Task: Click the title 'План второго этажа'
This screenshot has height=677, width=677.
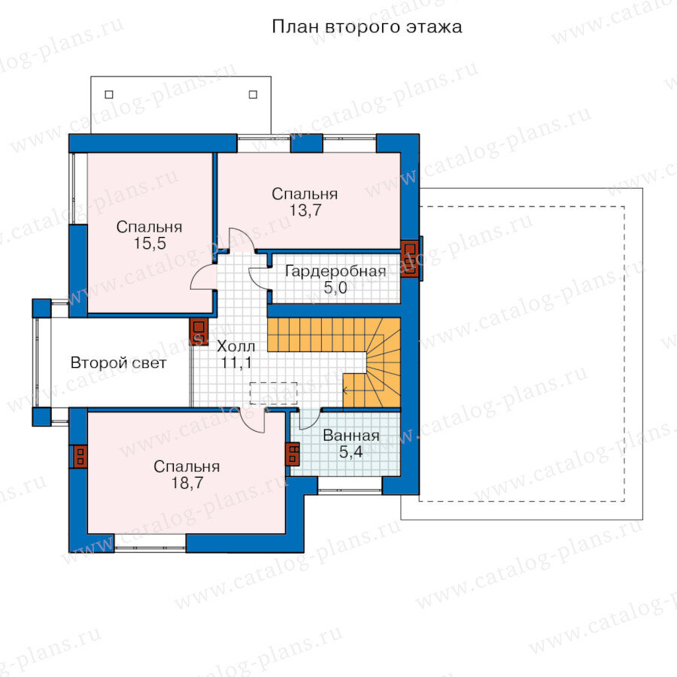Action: click(x=367, y=27)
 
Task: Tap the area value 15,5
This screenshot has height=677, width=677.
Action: click(x=150, y=244)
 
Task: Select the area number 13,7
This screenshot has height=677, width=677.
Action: click(x=305, y=211)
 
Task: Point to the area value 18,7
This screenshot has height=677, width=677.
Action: click(x=187, y=483)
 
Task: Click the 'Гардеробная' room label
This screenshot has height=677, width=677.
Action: click(x=335, y=271)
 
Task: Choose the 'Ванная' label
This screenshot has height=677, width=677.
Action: click(x=351, y=436)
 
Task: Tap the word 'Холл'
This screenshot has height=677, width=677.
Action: click(x=235, y=346)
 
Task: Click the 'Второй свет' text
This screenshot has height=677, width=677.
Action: click(x=118, y=363)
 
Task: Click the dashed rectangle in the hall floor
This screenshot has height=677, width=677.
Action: click(x=273, y=393)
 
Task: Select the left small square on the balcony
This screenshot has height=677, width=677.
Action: click(x=109, y=94)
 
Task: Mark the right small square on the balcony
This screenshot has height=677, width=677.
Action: click(x=253, y=94)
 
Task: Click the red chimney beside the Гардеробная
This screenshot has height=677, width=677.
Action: click(x=410, y=258)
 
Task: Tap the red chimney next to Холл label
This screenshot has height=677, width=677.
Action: click(x=199, y=332)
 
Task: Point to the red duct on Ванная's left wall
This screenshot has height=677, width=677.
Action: click(x=293, y=454)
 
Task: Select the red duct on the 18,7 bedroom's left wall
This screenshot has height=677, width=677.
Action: click(x=80, y=457)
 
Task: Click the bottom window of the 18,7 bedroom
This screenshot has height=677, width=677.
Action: click(x=150, y=543)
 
